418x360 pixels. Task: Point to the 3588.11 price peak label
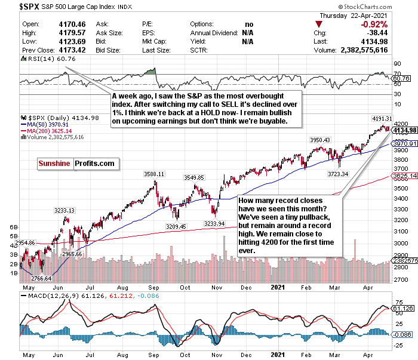coord(153,174)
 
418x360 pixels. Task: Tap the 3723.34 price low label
coord(337,173)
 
